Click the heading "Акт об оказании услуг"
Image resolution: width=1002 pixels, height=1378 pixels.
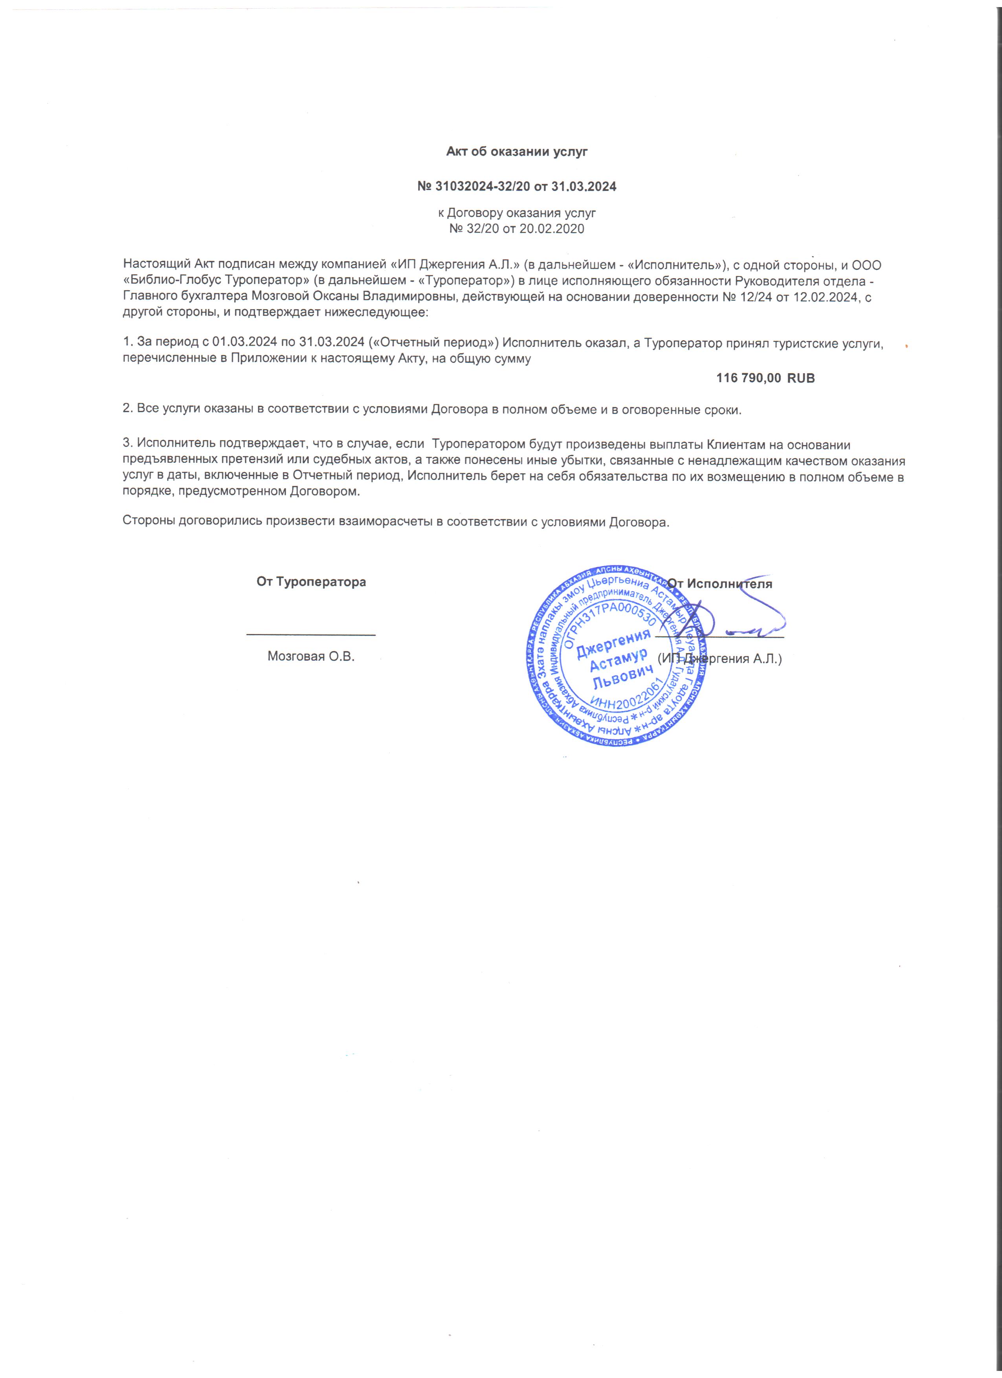pyautogui.click(x=516, y=152)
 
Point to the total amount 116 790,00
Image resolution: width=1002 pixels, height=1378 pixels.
pyautogui.click(x=749, y=378)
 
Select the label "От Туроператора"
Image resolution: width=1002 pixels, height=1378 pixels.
pyautogui.click(x=311, y=582)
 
